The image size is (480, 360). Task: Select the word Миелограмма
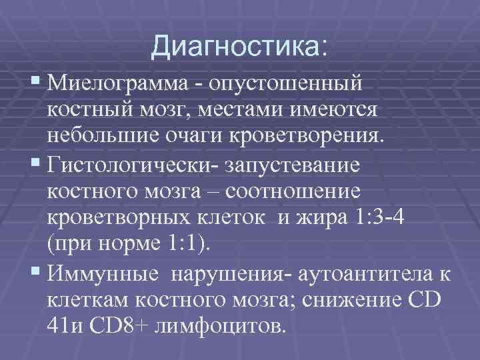(x=118, y=85)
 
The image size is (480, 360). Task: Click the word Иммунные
(x=99, y=274)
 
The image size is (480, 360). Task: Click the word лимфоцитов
(x=231, y=326)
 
